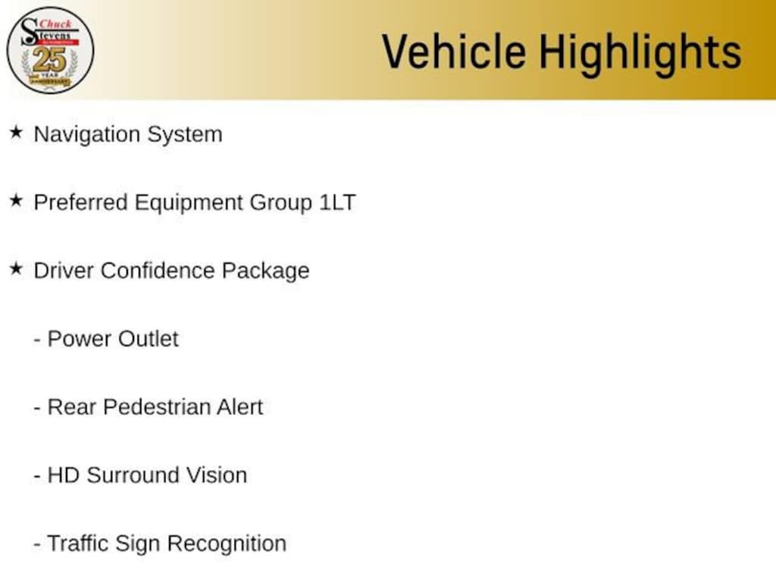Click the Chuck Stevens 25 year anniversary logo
(50, 50)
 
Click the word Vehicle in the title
(454, 52)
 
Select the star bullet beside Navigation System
(17, 132)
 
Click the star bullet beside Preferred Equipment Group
(17, 200)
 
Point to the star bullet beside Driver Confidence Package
(17, 269)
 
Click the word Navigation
(86, 135)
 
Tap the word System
(185, 135)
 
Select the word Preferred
(80, 202)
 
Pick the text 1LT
(337, 202)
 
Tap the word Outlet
(148, 339)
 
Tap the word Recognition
(227, 544)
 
